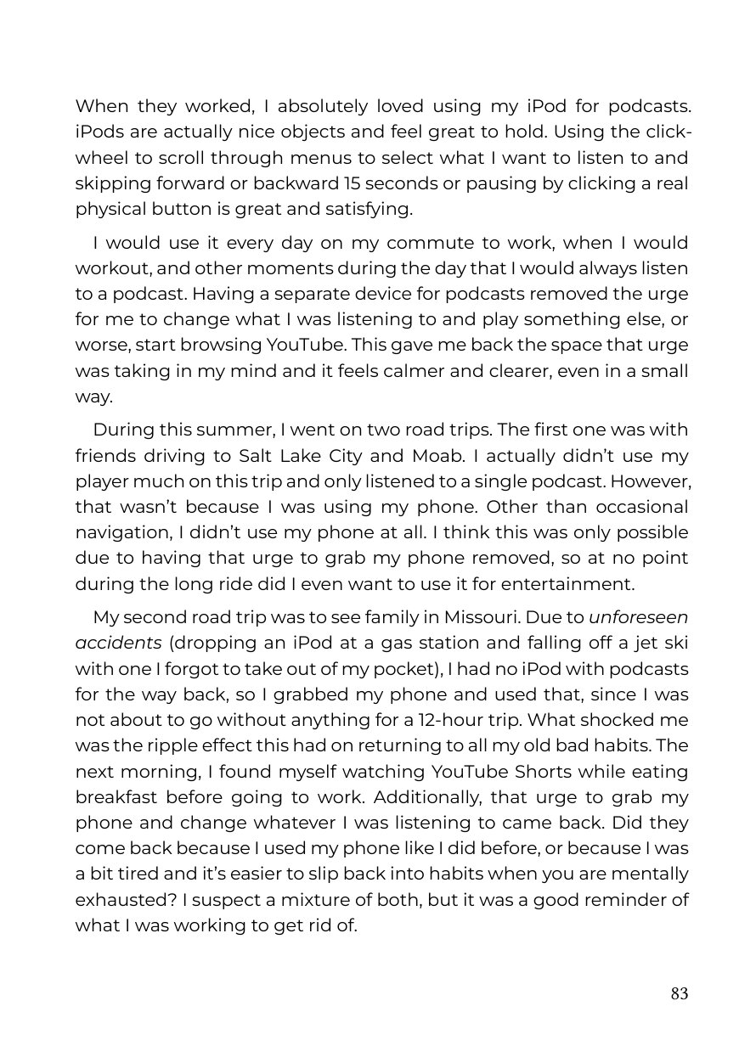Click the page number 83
(x=679, y=994)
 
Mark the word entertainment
(x=566, y=584)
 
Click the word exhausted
(x=118, y=900)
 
